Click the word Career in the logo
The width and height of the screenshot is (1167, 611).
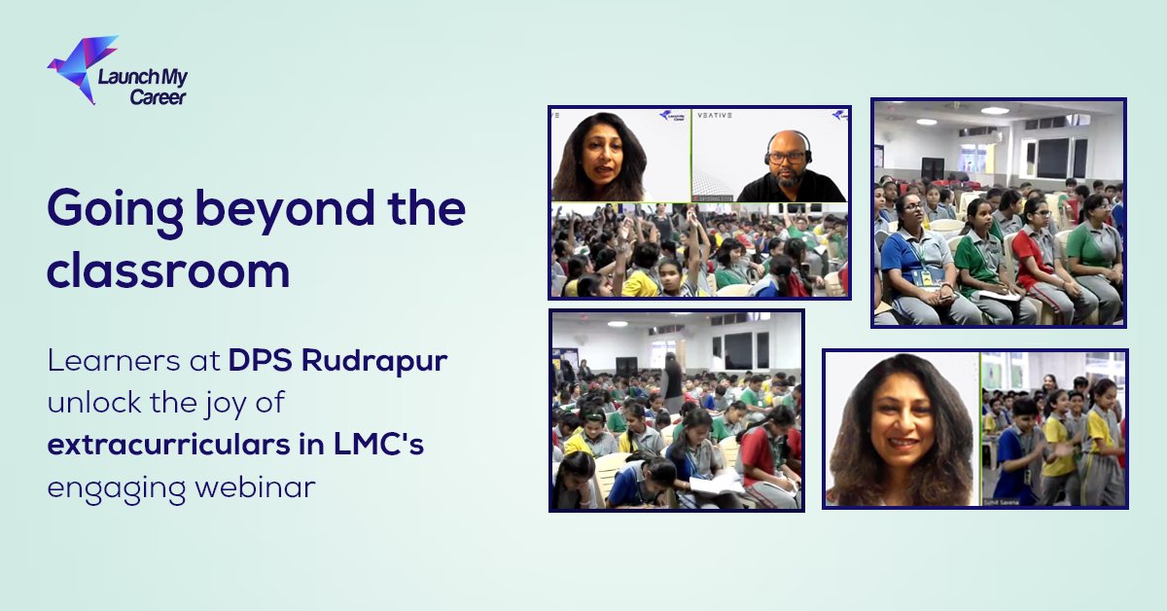tap(157, 96)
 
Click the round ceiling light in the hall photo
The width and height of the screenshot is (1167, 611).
tap(993, 111)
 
